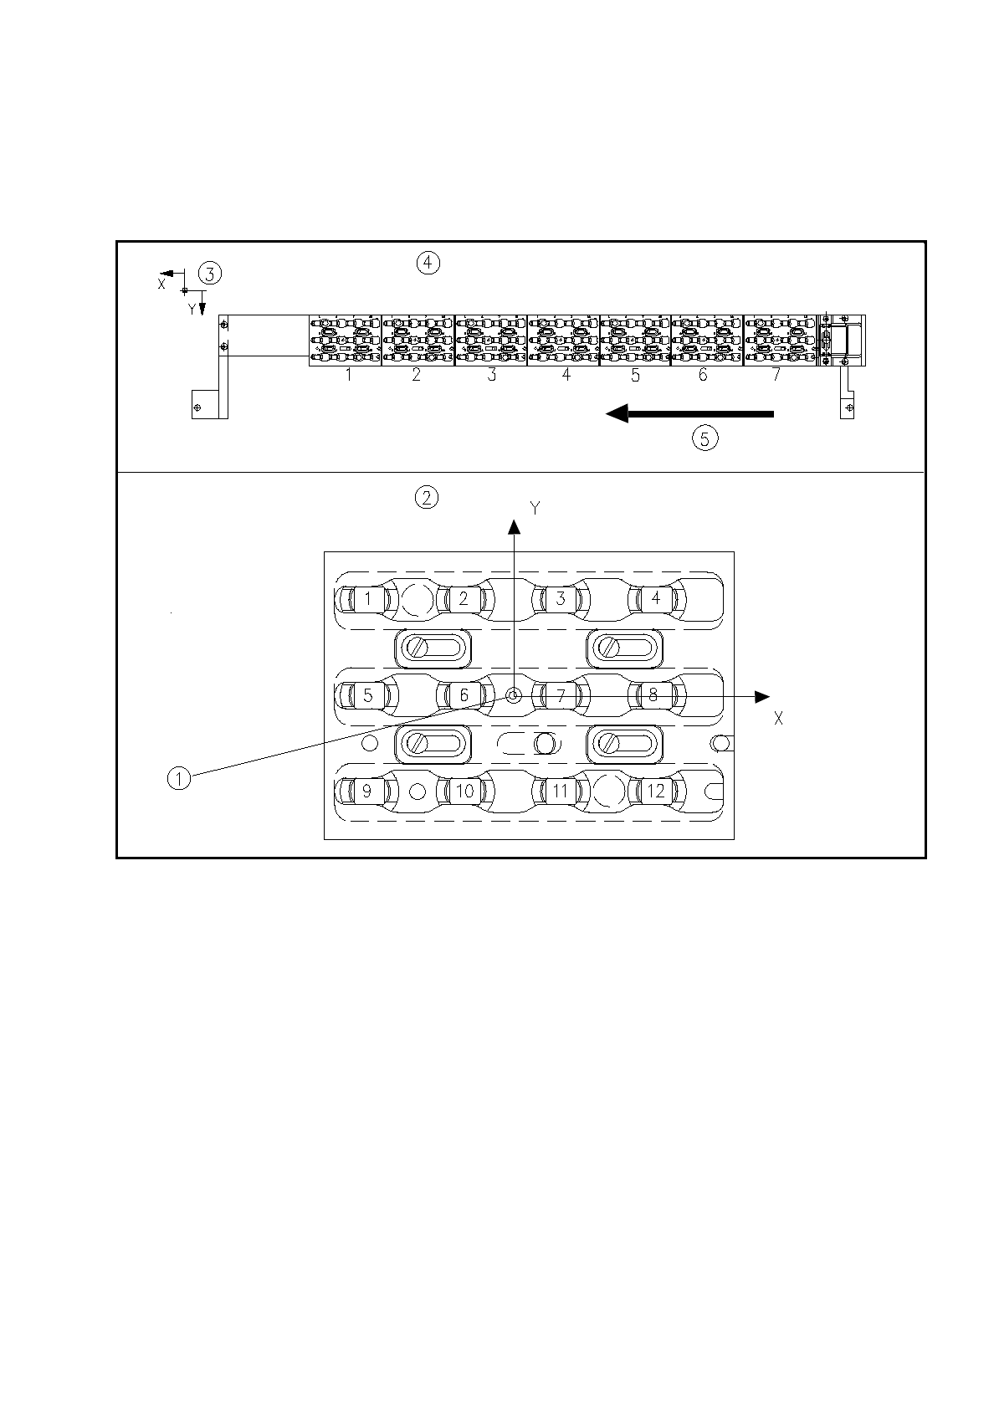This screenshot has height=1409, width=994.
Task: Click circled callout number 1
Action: pos(178,778)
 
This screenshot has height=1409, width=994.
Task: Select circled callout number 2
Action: pos(427,498)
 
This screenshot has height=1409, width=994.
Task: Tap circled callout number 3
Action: pos(209,273)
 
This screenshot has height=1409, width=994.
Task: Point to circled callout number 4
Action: pos(427,263)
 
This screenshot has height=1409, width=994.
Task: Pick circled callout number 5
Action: pos(705,438)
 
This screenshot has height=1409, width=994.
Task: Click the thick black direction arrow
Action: pos(689,412)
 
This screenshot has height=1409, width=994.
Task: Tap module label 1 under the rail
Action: pos(348,375)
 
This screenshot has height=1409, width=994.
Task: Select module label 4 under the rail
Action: pos(566,375)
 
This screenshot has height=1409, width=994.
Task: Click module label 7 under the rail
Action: pos(776,375)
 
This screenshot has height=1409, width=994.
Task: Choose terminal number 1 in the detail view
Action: pos(367,598)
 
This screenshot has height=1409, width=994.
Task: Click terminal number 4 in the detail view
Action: pos(656,598)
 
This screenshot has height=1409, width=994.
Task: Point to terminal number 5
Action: pos(367,694)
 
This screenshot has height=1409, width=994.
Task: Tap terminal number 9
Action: pos(366,791)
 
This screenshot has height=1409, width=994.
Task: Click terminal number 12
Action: pos(656,791)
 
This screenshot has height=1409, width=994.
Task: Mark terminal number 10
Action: pos(464,791)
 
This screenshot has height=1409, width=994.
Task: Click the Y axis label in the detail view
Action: pos(535,508)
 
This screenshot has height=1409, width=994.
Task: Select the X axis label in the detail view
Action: pos(778,718)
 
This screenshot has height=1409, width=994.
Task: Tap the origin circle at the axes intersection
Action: pos(514,696)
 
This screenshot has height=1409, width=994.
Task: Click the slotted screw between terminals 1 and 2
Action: pos(418,648)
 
